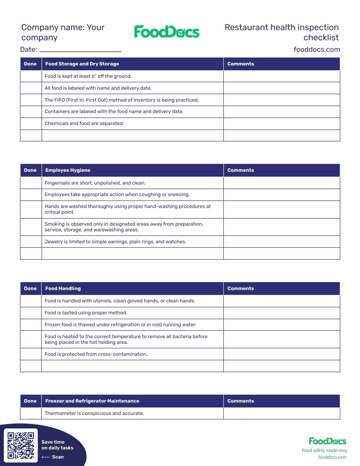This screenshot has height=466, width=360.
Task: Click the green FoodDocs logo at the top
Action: tap(166, 32)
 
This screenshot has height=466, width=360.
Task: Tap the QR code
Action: tap(21, 445)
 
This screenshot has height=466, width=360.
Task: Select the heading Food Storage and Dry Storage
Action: tap(82, 64)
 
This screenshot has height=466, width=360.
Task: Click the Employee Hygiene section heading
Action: tap(68, 170)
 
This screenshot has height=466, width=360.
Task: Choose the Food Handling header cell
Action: tap(63, 289)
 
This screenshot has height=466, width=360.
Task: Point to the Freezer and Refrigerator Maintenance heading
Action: tap(92, 401)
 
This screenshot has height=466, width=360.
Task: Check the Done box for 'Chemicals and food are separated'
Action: tap(31, 124)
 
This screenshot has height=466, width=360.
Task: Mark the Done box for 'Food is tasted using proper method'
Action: tap(31, 313)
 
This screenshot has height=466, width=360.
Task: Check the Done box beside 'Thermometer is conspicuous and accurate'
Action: tap(31, 413)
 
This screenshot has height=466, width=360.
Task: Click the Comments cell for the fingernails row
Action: tap(281, 183)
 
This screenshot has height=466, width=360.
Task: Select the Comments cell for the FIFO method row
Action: tap(281, 100)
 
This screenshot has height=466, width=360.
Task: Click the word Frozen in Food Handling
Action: tap(52, 325)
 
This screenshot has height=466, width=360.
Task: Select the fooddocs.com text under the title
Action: tap(316, 49)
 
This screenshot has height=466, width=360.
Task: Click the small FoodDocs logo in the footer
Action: tap(327, 441)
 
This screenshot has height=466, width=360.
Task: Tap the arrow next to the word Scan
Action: tap(46, 457)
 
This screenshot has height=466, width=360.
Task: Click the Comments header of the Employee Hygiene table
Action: tap(241, 170)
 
